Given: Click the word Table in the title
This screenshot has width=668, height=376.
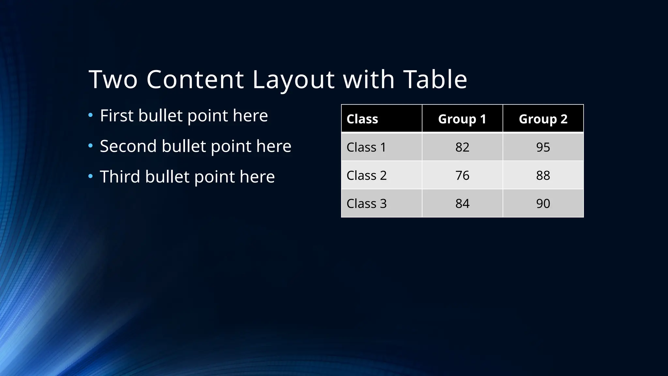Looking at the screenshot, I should tap(435, 79).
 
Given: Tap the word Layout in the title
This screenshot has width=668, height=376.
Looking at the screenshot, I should tap(293, 79).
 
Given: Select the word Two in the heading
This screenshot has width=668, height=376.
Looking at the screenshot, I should tap(113, 79).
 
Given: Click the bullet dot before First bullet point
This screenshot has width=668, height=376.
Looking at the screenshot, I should tap(91, 115).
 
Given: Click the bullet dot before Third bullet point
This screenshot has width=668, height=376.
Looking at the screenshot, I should tap(91, 177).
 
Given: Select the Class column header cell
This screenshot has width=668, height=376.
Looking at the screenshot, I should tap(362, 119).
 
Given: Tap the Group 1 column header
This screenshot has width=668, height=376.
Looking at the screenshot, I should tap(462, 119).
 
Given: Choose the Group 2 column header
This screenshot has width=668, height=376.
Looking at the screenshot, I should tap(543, 119).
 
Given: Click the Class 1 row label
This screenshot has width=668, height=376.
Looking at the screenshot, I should tap(366, 147).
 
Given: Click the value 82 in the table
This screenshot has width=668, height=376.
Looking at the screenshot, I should tap(462, 147).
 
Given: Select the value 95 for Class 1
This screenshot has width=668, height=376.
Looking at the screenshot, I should tap(543, 147).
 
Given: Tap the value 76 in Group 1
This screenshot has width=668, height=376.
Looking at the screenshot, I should tap(462, 176).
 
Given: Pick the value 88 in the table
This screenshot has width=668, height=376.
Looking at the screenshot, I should tap(543, 176).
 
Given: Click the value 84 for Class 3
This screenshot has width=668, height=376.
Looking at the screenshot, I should tap(462, 204).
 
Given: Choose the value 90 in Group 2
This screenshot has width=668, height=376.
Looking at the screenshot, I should tap(543, 204).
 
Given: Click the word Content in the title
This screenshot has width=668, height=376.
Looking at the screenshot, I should tap(195, 79).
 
